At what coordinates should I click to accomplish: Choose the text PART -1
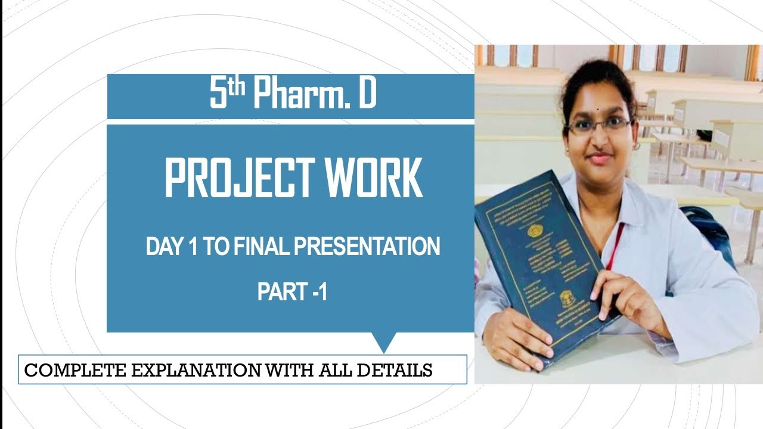coord(292,291)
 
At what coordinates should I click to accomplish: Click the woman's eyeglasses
coord(598,126)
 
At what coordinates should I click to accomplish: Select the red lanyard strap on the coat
coord(613,245)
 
